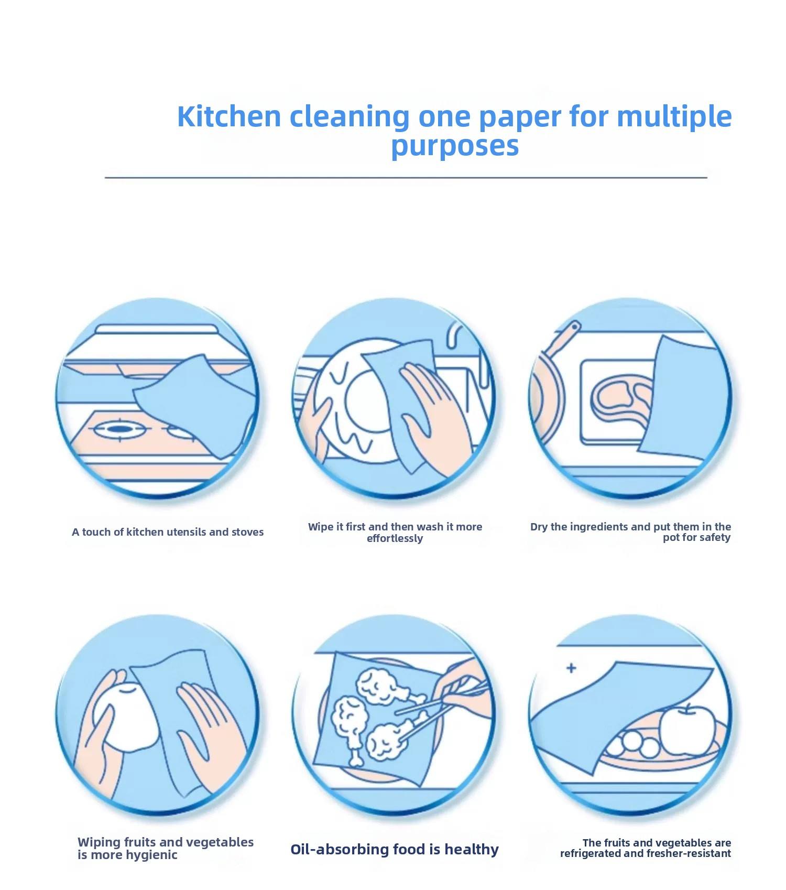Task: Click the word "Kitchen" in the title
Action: tap(230, 116)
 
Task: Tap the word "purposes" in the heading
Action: tap(455, 146)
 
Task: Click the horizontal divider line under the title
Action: tap(406, 178)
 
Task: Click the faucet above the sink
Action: tap(461, 346)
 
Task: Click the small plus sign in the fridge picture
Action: tap(571, 668)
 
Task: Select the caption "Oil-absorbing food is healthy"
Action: tap(395, 849)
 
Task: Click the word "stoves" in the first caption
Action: tap(246, 532)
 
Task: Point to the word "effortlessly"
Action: tap(395, 538)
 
